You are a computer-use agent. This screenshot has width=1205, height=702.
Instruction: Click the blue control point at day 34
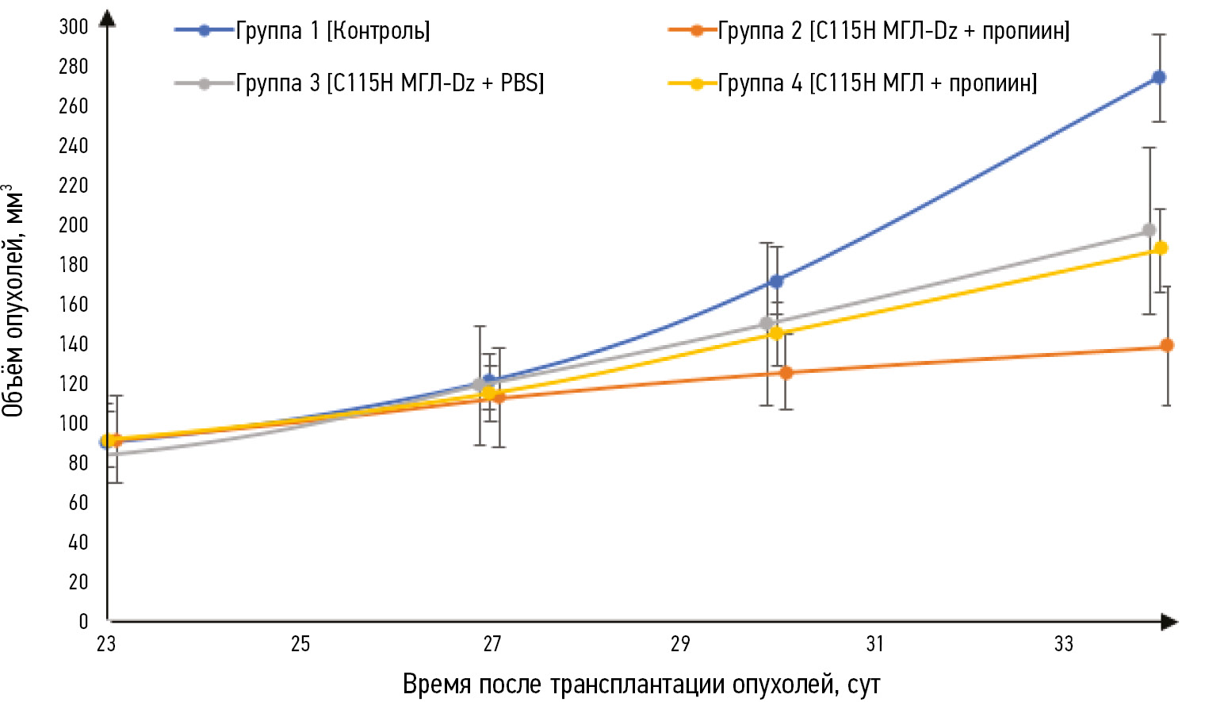(1159, 78)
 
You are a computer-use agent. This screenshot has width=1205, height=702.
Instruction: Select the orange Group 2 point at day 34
(1167, 346)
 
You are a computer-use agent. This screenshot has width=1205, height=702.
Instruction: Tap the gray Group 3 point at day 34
(1149, 231)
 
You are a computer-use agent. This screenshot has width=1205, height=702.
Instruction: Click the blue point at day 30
(777, 282)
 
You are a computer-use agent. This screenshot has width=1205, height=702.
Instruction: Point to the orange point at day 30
(786, 373)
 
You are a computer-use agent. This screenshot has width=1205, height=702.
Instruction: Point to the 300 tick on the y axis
(74, 27)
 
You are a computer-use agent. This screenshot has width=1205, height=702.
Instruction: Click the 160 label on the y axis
(74, 305)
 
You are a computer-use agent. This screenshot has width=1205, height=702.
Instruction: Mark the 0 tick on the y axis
(83, 622)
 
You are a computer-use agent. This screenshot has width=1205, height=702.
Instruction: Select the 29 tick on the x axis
(680, 644)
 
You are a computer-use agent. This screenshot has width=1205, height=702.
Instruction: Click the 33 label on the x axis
(1064, 644)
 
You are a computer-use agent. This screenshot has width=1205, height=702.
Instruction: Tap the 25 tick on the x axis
(300, 644)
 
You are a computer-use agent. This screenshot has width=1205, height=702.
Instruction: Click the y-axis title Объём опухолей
(13, 301)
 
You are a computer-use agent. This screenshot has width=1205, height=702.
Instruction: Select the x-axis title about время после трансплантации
(641, 684)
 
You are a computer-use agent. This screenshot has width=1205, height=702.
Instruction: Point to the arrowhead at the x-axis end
(1169, 622)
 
